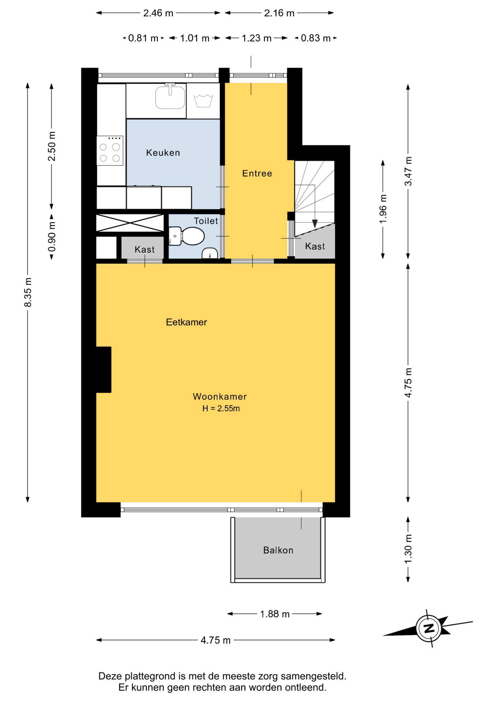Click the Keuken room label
point(163,153)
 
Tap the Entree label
point(257,173)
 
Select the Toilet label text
point(206,221)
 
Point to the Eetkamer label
point(186,322)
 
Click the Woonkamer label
point(220,396)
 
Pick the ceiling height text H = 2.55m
point(221,408)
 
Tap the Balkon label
point(278,550)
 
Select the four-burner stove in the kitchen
point(110,151)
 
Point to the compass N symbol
point(429,629)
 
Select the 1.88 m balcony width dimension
point(275,614)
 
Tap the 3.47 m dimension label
point(408,171)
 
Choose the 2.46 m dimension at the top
point(158,13)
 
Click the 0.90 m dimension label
point(52,237)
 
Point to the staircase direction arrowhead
point(315,224)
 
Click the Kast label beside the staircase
point(315,246)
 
